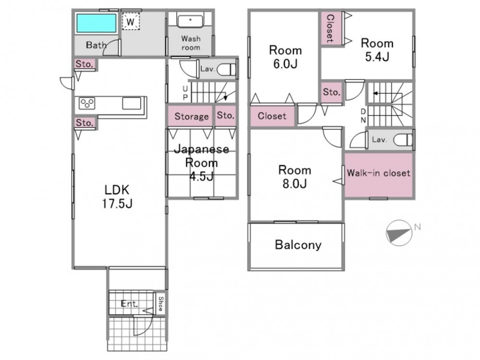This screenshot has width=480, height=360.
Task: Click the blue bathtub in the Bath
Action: [x=96, y=23]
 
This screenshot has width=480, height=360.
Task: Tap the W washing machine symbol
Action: [x=131, y=22]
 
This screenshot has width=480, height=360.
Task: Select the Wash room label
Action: [x=191, y=43]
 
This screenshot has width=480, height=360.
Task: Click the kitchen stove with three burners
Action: [x=87, y=103]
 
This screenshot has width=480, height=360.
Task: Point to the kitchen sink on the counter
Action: [x=132, y=103]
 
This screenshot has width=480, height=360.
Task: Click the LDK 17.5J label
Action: [x=117, y=196]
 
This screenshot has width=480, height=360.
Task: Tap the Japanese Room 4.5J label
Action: [x=202, y=163]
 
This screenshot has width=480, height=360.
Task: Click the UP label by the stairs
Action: [x=185, y=93]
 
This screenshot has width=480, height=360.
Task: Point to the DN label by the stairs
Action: [x=363, y=115]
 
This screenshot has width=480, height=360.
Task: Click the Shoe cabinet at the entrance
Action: [x=160, y=303]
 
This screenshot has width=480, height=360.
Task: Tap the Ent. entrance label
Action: [x=129, y=304]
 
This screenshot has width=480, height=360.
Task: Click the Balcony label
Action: [x=298, y=245]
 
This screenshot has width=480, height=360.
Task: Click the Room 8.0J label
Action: [x=295, y=177]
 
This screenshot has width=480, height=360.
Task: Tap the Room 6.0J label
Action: [x=285, y=57]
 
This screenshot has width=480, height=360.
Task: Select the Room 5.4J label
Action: [x=377, y=49]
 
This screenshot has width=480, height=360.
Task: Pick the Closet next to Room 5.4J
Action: [x=331, y=28]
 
